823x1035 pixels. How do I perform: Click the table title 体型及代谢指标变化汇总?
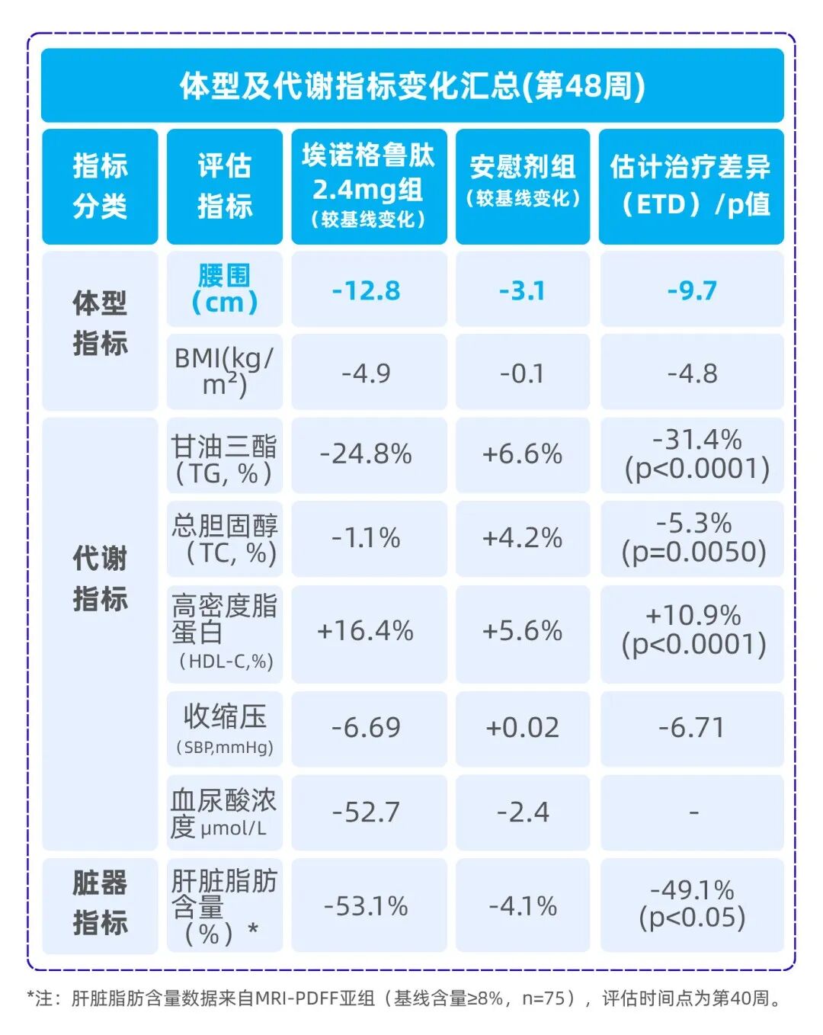412,85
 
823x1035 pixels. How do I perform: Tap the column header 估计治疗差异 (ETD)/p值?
690,185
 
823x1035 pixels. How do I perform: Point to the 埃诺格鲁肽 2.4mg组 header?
368,187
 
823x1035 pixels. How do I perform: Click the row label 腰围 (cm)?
224,289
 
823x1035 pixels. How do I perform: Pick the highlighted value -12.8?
367,290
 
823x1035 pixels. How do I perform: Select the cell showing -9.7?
692,290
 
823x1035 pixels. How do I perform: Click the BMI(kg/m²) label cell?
224,371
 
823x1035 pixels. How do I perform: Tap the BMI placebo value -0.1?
522,373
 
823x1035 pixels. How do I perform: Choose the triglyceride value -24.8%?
367,454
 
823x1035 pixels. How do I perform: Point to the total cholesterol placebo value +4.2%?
522,538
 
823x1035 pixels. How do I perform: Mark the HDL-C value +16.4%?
366,631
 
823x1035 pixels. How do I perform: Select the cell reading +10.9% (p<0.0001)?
693,630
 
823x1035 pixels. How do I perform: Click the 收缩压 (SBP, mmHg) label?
224,728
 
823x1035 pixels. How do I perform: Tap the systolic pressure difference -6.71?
692,728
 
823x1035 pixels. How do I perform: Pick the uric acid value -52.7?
367,812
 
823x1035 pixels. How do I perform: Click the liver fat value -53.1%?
367,906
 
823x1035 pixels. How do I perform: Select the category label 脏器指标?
100,903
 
